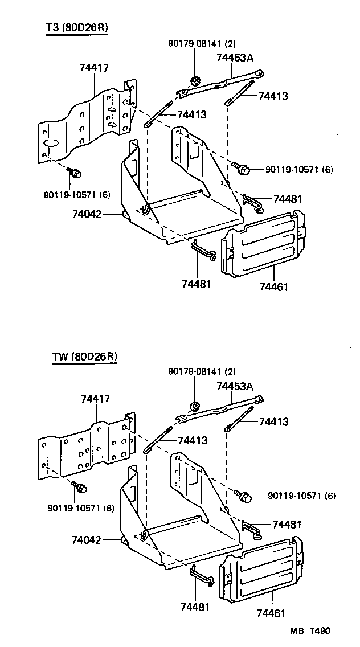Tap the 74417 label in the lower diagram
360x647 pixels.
95,399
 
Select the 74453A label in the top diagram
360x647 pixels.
235,57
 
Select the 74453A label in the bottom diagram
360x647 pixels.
235,386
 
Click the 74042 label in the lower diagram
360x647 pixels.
87,539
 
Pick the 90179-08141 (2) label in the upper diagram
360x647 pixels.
202,43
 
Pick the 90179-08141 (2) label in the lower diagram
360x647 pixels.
202,371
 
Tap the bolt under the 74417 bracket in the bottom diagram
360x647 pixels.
81,488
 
